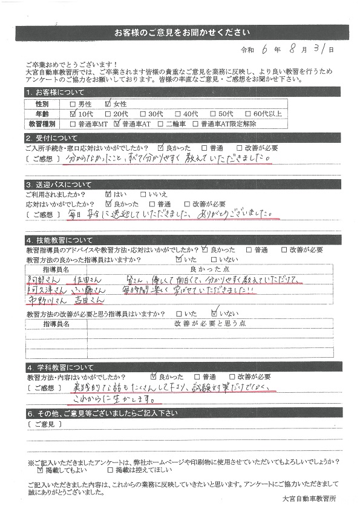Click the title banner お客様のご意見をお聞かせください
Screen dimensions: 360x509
pyautogui.click(x=179, y=32)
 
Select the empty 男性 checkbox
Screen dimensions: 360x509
pyautogui.click(x=74, y=103)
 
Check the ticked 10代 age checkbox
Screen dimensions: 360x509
pyautogui.click(x=74, y=113)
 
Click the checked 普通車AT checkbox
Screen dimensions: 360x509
pyautogui.click(x=117, y=123)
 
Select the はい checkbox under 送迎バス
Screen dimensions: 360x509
pyautogui.click(x=108, y=195)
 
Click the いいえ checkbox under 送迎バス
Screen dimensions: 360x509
pyautogui.click(x=143, y=195)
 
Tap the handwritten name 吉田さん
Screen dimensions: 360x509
pyautogui.click(x=86, y=301)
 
